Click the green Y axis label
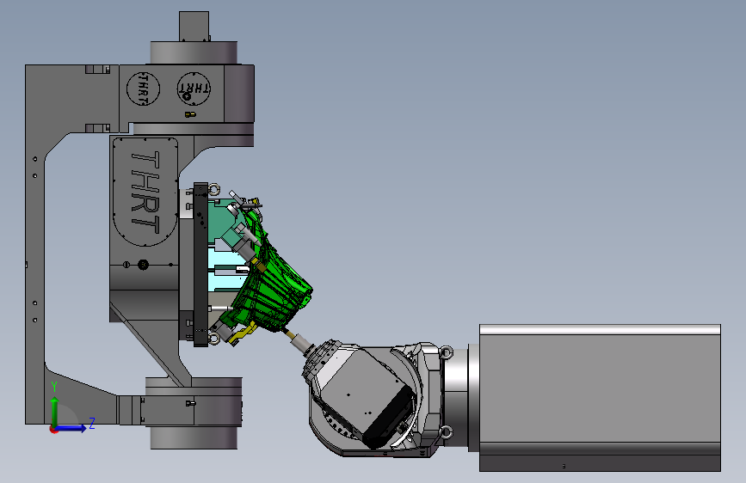(54, 387)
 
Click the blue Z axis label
(92, 423)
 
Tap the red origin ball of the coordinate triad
(53, 429)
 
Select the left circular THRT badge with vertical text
(143, 89)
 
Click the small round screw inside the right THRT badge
(187, 96)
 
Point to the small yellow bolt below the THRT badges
(190, 114)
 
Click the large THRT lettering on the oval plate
(145, 192)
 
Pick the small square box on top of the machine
(194, 26)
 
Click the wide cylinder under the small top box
(194, 52)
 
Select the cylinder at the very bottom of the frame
(194, 437)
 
